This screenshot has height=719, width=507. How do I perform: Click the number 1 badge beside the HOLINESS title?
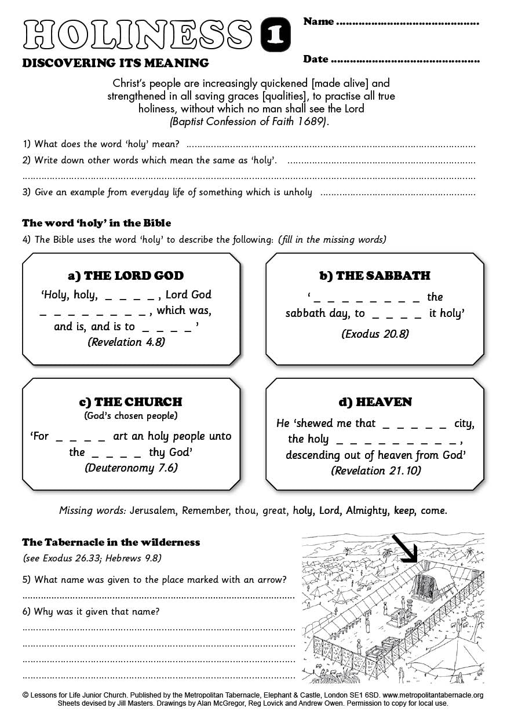point(275,35)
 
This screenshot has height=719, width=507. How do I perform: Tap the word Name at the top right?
point(319,21)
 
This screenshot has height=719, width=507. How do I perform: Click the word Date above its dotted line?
point(316,59)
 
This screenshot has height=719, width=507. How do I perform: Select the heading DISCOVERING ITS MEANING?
point(115,63)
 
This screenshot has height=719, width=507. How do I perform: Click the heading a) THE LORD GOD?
point(126,276)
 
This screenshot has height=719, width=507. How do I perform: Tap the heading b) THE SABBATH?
point(375,276)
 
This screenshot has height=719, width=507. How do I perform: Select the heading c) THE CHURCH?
point(130,402)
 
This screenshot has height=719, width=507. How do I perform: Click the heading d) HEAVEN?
point(375,402)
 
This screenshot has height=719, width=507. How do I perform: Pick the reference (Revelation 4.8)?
point(126,342)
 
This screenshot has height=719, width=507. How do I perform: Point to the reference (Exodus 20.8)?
point(374,334)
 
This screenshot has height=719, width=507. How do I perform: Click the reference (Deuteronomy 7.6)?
point(131,468)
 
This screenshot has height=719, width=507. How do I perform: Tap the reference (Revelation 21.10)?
point(375,470)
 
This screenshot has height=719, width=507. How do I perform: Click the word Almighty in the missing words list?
point(367,510)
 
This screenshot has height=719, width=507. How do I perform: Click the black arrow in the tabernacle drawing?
point(404,548)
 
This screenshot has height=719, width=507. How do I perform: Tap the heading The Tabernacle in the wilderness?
point(111,542)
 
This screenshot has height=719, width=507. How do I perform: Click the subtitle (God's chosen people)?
point(131,415)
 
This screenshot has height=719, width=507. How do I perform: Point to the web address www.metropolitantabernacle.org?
point(433,695)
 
